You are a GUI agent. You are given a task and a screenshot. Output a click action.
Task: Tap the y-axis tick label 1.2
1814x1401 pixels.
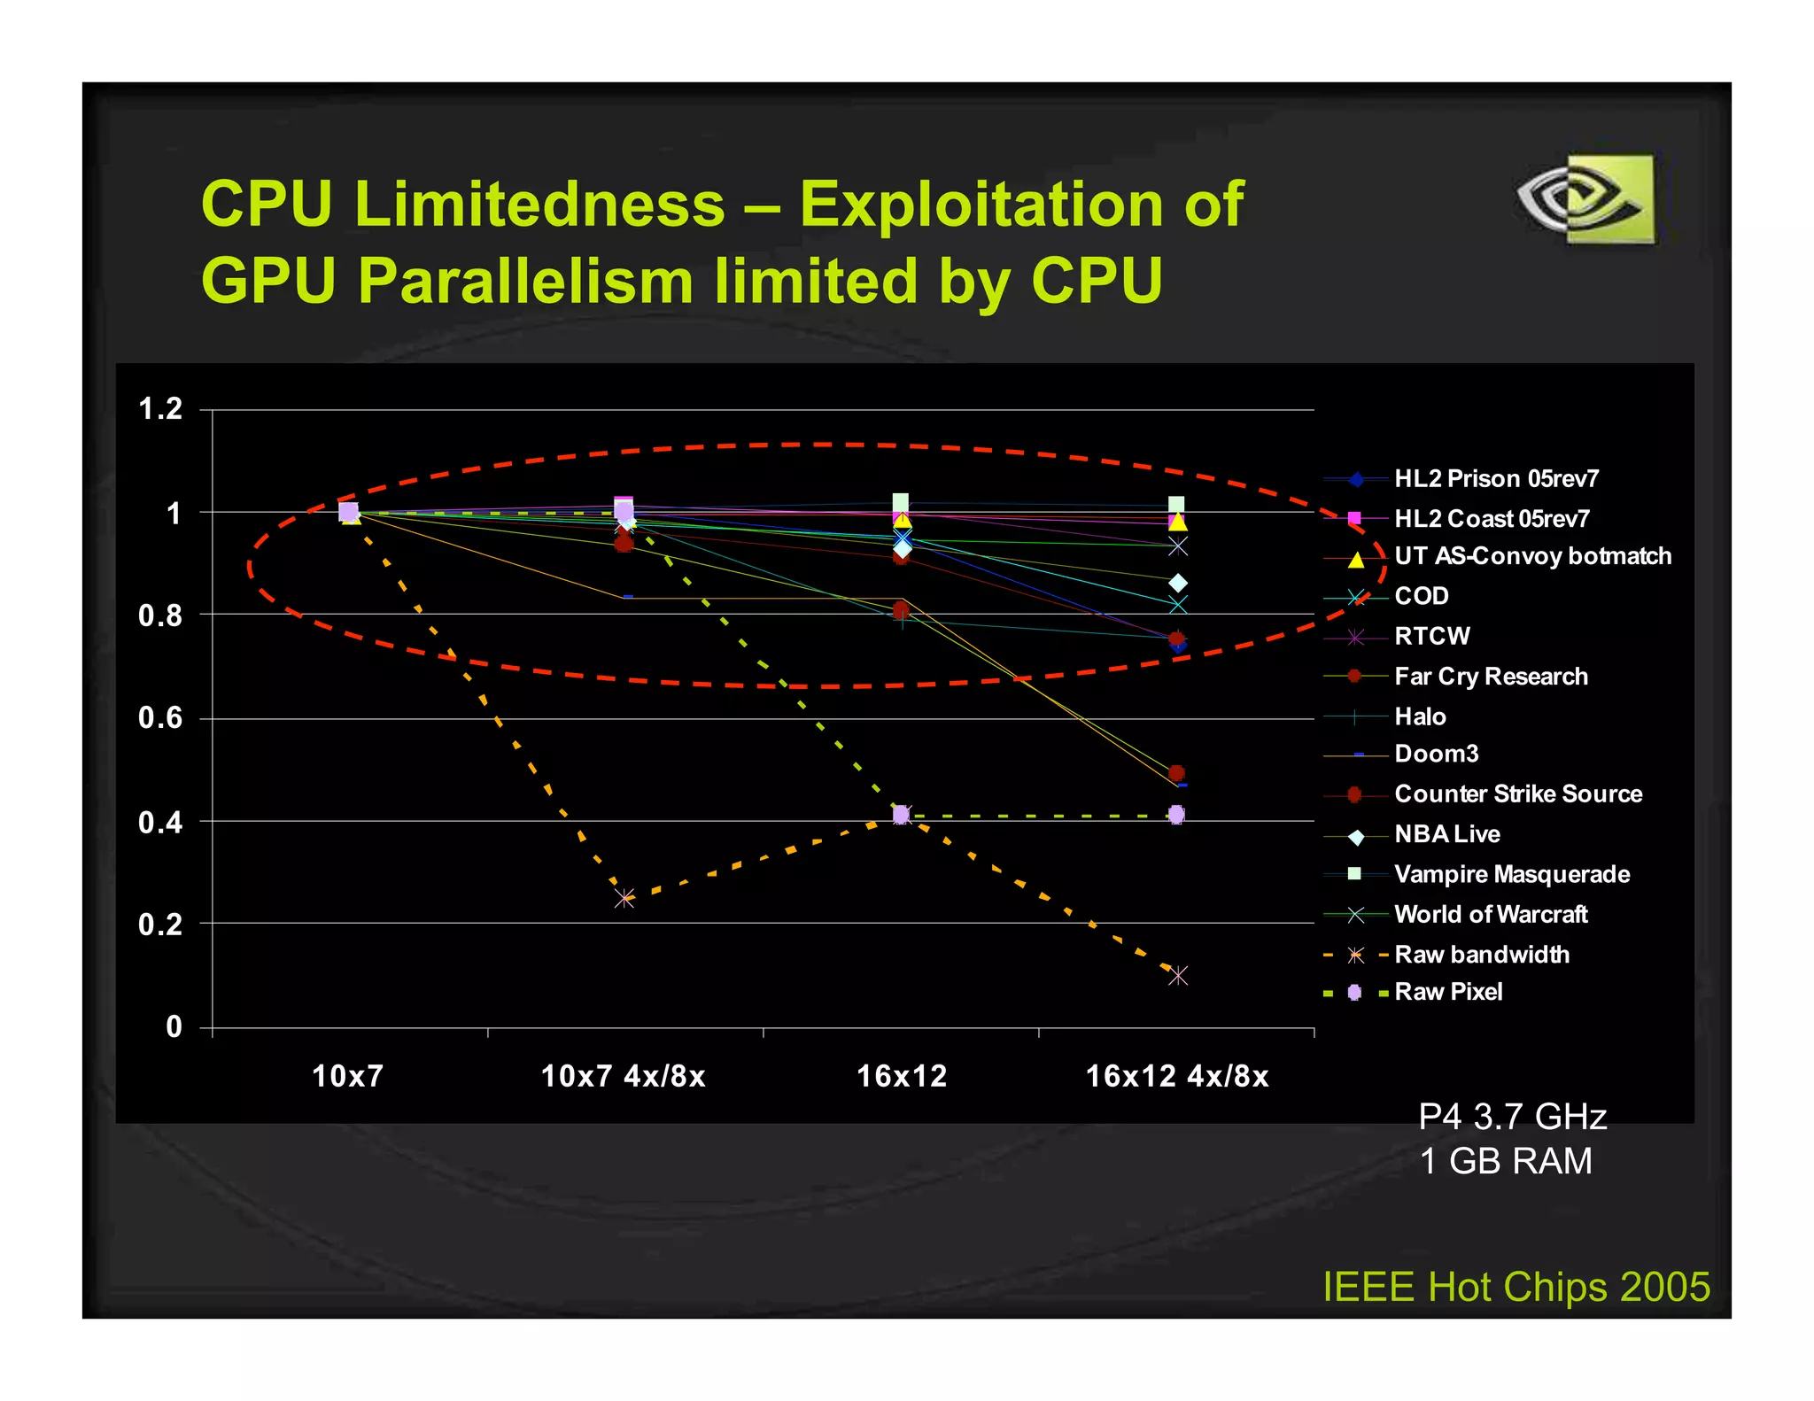(160, 409)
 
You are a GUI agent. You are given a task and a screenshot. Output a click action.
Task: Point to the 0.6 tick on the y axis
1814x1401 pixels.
(160, 718)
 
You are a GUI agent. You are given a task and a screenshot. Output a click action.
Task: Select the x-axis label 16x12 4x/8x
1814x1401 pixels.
(1177, 1076)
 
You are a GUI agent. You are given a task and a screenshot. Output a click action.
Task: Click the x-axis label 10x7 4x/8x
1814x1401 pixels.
(623, 1076)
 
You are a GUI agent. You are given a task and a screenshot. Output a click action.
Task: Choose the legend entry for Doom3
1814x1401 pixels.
(1436, 754)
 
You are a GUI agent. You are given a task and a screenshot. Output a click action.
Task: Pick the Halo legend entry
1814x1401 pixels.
(1420, 716)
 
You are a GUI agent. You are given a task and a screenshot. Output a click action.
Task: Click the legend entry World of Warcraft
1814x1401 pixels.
(1491, 914)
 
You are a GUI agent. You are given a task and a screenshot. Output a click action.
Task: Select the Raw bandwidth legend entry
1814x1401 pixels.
(1482, 955)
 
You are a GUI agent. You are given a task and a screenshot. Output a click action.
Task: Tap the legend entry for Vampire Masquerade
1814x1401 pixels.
(1512, 874)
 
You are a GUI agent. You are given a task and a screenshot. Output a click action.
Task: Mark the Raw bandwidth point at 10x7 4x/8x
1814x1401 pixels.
(624, 899)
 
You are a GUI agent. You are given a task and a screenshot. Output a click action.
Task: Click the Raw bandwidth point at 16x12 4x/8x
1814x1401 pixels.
(1177, 976)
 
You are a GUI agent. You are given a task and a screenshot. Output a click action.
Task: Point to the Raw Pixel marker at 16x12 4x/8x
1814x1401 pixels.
(1176, 815)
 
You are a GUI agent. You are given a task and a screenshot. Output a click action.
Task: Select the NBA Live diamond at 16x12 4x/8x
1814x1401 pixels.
(1178, 583)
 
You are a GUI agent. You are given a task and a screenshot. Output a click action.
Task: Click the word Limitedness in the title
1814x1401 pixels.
(539, 205)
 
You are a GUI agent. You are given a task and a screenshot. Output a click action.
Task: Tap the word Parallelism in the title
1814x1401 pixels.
(527, 282)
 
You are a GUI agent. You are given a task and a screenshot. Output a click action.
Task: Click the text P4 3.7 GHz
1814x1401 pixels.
(1512, 1117)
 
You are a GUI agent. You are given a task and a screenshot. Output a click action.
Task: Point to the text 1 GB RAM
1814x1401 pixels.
(1506, 1161)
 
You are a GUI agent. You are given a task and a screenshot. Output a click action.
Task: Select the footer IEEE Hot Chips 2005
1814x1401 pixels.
(1516, 1287)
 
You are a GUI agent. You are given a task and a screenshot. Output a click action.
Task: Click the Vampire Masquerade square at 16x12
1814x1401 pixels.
(901, 502)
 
